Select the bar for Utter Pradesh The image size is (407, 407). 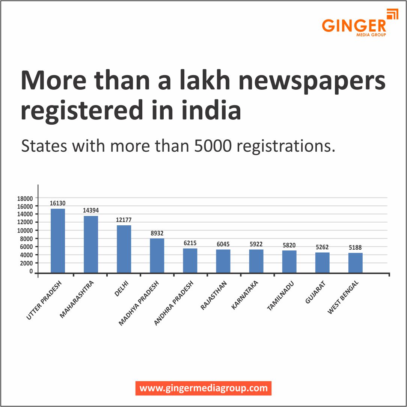[x=58, y=240]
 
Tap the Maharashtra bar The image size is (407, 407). [x=91, y=244]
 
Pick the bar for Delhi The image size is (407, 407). [x=124, y=249]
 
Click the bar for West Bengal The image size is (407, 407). [x=355, y=262]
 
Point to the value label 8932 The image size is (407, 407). [x=157, y=233]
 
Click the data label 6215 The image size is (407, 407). [x=190, y=243]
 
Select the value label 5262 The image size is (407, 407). [x=322, y=247]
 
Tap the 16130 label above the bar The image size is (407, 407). [x=57, y=203]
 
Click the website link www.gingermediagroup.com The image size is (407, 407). [x=203, y=388]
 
